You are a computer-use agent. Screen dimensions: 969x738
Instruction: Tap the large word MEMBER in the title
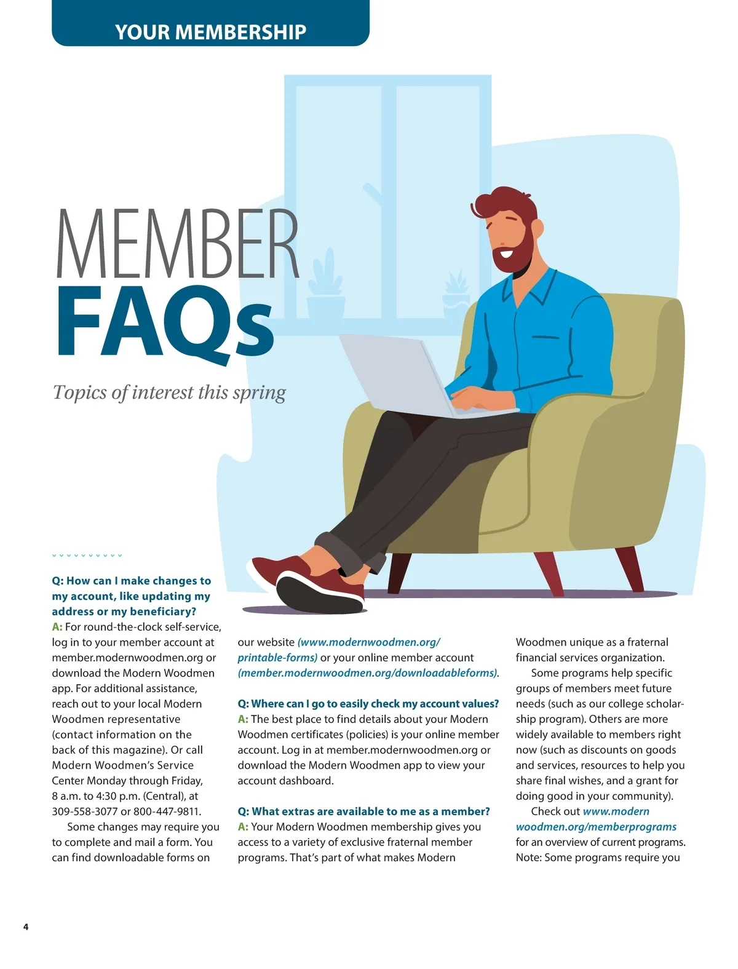177,244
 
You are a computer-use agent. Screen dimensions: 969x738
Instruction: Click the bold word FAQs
165,323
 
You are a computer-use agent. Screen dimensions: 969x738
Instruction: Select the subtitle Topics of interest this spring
169,393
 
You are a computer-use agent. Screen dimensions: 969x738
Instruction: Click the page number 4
26,927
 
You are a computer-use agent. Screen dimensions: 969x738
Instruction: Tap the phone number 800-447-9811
167,811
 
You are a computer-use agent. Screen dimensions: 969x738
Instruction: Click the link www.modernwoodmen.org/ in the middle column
369,642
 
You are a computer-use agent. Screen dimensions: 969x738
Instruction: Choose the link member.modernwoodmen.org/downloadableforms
368,673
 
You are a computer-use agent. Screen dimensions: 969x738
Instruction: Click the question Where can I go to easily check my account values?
368,704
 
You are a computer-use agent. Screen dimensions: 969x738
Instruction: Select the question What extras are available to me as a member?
364,811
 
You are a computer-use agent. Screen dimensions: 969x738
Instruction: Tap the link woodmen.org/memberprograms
596,827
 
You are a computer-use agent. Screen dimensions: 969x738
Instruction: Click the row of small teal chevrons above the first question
87,556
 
